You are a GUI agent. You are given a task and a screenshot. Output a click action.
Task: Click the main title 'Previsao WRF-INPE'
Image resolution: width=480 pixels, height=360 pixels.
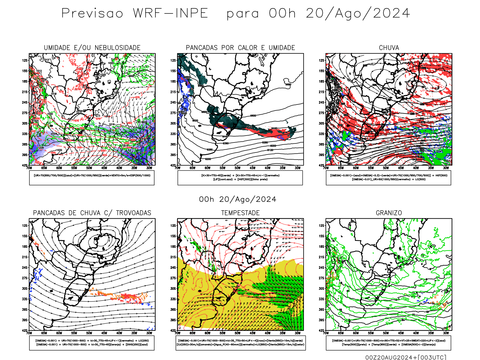tap(135, 13)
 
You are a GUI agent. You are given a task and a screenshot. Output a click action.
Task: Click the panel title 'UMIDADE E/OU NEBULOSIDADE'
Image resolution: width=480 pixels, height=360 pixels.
tap(92, 48)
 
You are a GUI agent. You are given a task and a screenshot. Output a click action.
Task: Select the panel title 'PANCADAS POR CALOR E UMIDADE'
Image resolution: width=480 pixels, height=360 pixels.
tap(240, 48)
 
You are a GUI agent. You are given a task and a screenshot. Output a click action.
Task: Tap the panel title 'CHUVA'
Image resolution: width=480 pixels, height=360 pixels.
tap(389, 48)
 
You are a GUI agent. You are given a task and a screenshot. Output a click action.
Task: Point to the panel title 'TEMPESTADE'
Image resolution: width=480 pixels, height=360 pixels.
tap(240, 213)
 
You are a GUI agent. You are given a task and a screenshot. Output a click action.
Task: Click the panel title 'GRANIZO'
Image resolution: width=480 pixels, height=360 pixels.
tap(389, 213)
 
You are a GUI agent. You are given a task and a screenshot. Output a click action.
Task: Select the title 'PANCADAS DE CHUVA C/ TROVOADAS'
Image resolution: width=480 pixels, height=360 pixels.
tap(92, 213)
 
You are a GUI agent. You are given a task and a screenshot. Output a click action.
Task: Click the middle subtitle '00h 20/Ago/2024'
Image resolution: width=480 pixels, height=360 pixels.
tap(238, 199)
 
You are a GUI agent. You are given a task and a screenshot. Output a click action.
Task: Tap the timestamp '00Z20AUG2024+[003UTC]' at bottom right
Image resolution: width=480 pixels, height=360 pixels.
tap(406, 357)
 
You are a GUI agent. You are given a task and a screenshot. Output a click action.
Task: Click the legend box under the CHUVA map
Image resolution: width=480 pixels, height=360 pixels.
tap(388, 178)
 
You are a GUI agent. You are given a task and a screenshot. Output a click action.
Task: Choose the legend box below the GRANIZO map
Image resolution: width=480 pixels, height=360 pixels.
tap(388, 343)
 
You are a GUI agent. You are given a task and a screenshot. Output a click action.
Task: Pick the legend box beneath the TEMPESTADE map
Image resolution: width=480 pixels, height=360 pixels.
tap(240, 343)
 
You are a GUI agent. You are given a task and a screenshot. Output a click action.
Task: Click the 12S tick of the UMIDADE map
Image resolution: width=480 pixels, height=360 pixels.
tap(25, 60)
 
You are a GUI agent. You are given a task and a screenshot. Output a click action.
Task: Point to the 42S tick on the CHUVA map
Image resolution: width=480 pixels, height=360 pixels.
tap(321, 165)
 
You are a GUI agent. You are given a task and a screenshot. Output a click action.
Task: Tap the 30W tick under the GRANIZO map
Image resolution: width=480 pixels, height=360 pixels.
tap(446, 333)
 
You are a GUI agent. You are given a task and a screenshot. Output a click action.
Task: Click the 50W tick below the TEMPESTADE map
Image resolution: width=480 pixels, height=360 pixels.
tap(237, 333)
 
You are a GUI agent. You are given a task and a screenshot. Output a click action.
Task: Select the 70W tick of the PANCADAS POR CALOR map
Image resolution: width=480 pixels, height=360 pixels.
tap(178, 168)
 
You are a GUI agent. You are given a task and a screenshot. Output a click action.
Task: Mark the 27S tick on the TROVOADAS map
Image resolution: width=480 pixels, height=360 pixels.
tap(25, 278)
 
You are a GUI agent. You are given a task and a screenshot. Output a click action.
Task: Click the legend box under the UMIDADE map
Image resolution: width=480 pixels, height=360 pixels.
tap(92, 178)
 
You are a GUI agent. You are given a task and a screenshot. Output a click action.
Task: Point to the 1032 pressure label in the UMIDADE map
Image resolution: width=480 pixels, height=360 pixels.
tap(59, 150)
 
